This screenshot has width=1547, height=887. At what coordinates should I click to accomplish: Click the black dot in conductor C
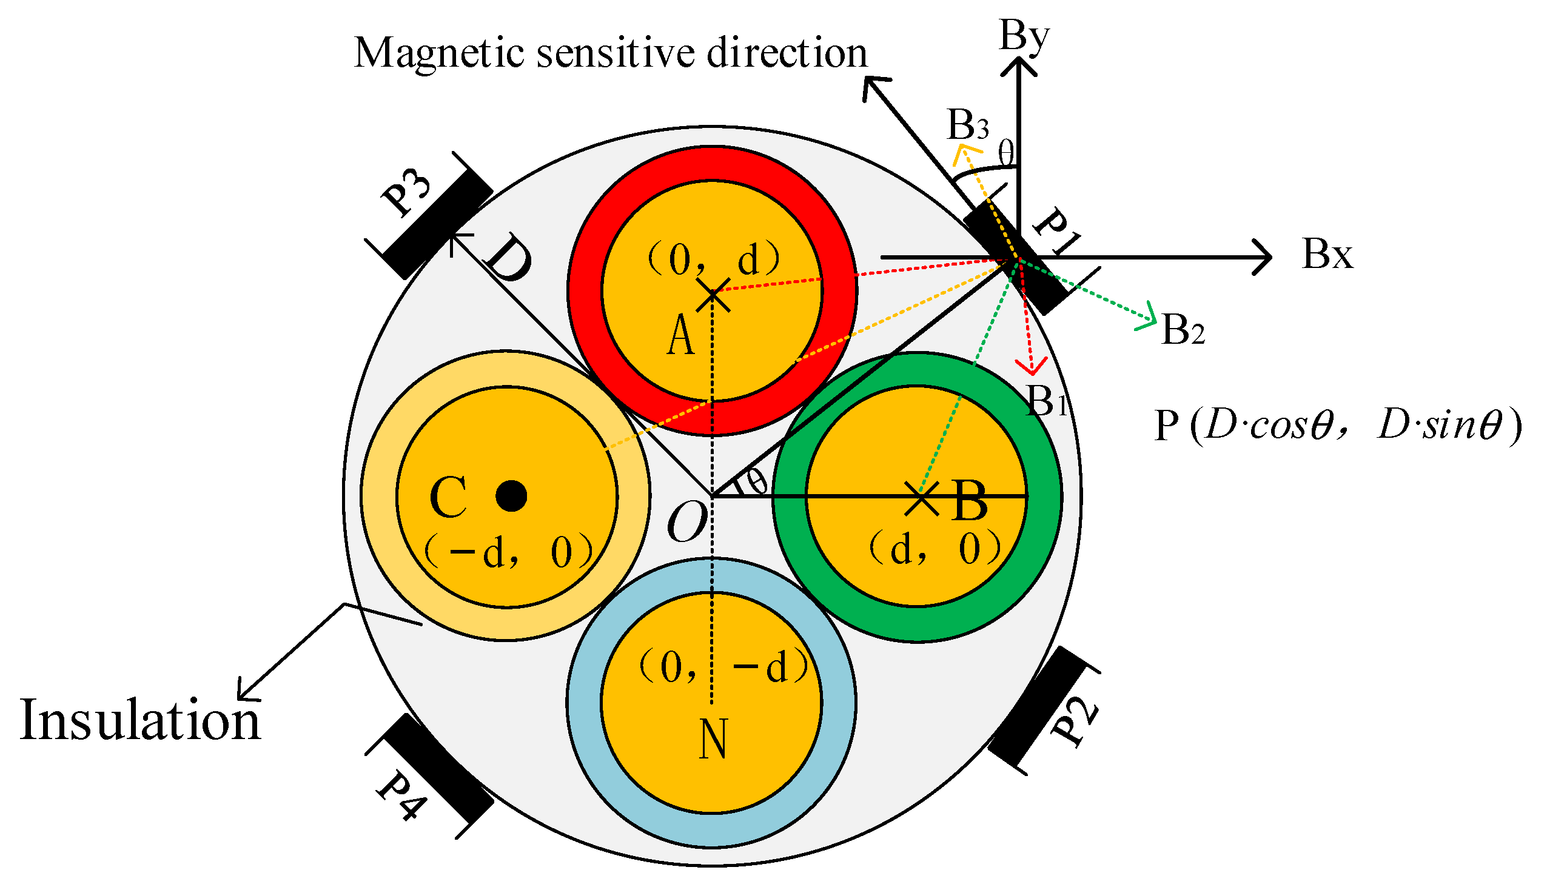511,495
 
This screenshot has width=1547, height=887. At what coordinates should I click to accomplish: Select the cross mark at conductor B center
921,498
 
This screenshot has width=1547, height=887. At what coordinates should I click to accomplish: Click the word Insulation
140,721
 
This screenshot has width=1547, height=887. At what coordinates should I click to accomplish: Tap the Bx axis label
1327,254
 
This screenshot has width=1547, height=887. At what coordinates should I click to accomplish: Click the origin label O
686,523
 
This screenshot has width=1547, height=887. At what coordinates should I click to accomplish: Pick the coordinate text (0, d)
713,259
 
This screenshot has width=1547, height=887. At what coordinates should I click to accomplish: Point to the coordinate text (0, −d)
724,667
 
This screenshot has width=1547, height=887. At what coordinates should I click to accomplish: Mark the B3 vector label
968,126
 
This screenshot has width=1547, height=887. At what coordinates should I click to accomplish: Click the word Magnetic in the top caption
439,53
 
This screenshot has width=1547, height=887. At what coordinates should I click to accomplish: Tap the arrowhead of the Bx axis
1266,257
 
